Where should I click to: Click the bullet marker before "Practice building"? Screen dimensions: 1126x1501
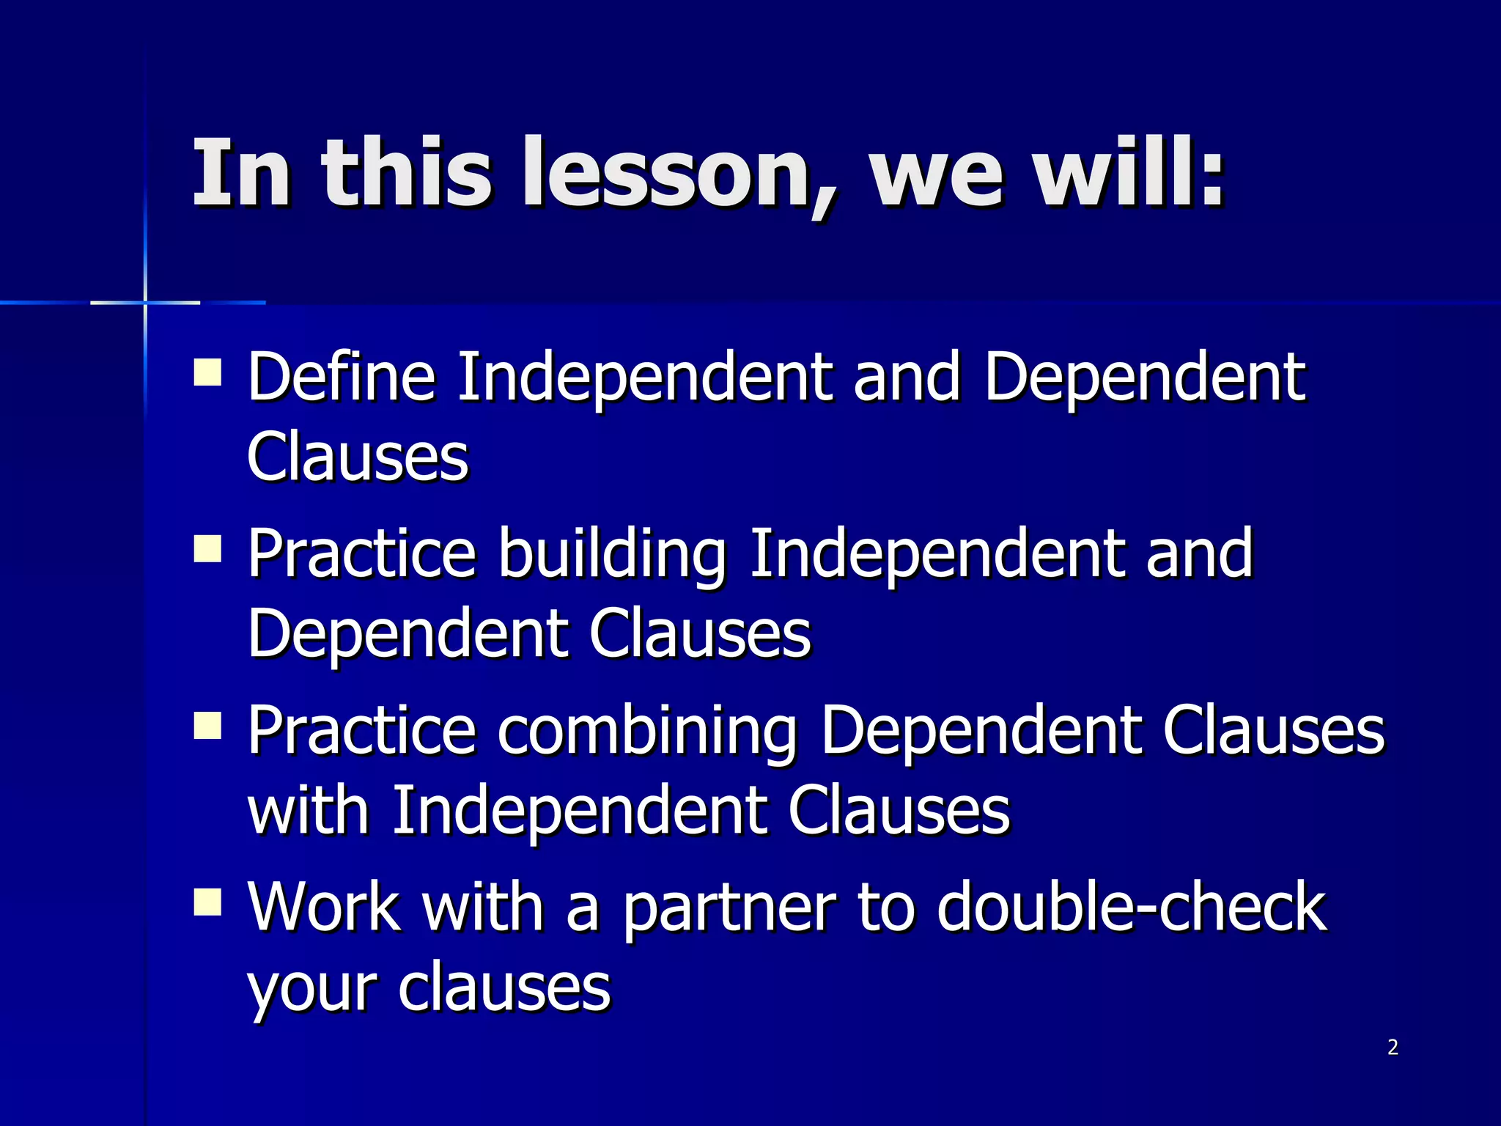click(208, 548)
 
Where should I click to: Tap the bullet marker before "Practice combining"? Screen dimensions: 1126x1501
click(208, 725)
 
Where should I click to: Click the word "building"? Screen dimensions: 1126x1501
click(613, 554)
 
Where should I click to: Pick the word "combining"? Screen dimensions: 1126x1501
click(647, 731)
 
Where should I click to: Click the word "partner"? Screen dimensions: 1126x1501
click(730, 908)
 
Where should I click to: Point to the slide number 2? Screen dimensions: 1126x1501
click(1393, 1048)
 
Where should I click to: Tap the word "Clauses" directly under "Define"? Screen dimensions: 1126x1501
click(358, 457)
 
